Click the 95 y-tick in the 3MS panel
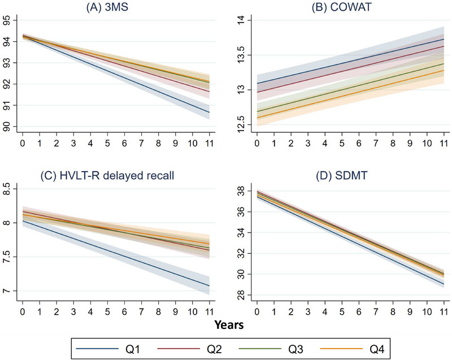tap(9, 20)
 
